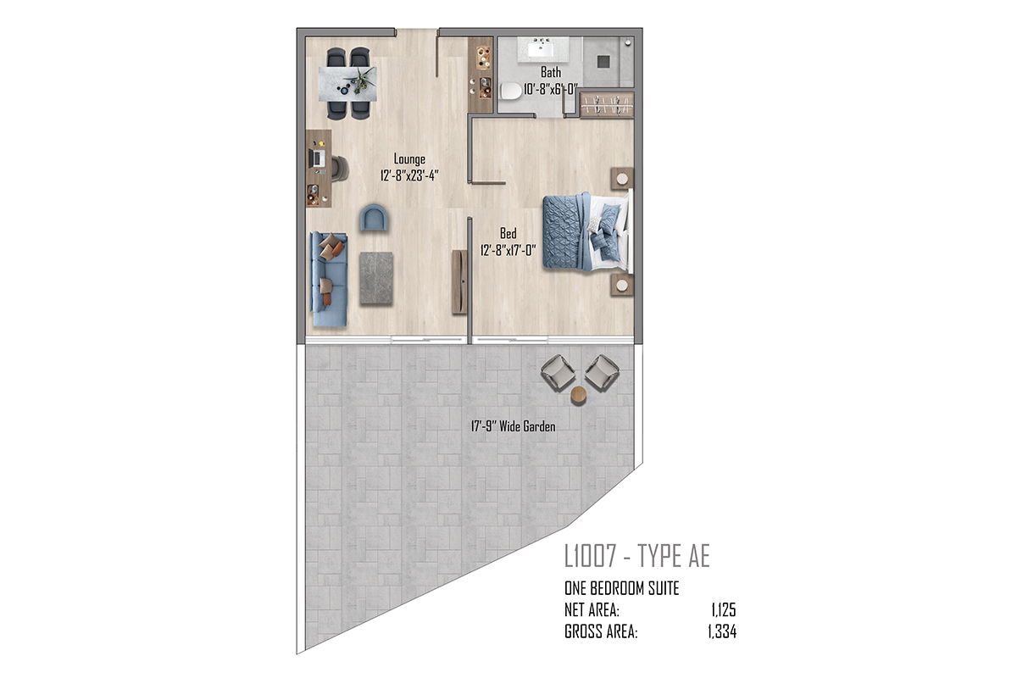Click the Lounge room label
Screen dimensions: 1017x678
(409, 159)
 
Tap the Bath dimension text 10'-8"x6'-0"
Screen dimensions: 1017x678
(551, 89)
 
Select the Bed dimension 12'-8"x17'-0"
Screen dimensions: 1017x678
(508, 250)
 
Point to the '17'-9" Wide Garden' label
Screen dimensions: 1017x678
(513, 426)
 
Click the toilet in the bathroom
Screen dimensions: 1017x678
(511, 91)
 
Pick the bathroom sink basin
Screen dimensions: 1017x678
(541, 47)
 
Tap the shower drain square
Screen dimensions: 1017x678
(603, 61)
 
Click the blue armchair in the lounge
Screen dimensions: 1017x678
(375, 218)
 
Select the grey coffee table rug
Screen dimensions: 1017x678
(376, 278)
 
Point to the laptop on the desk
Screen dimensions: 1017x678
(317, 158)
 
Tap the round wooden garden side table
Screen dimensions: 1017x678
(579, 395)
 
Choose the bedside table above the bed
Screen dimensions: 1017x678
(622, 179)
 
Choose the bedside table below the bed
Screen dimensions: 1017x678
(622, 285)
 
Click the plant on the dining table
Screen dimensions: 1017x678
(361, 80)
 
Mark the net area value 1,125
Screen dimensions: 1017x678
(724, 610)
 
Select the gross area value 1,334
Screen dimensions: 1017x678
(722, 631)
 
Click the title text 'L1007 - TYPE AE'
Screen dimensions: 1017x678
(637, 556)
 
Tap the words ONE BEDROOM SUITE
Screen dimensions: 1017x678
(621, 588)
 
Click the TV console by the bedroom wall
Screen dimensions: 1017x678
(459, 281)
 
